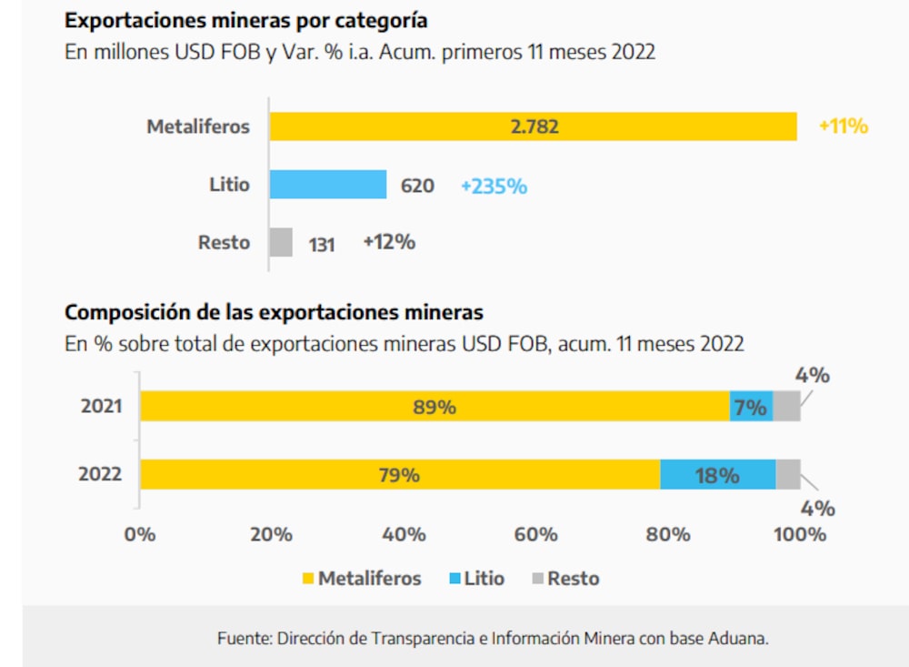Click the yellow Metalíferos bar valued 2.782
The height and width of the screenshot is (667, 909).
[x=534, y=126]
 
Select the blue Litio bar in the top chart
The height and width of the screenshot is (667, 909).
[x=328, y=185]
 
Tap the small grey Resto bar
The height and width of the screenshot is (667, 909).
[x=281, y=243]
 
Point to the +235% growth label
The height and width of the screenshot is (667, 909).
[x=494, y=186]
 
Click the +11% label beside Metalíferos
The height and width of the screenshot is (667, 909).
[x=843, y=126]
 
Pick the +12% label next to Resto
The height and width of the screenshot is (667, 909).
[x=388, y=242]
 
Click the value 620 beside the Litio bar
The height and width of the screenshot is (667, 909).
[x=417, y=187]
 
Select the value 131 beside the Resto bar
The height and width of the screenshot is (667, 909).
[x=321, y=245]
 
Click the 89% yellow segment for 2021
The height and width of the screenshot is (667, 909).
[x=435, y=407]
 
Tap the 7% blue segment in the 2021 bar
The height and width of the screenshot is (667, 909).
[x=751, y=407]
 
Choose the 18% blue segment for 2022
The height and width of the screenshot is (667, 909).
[x=717, y=475]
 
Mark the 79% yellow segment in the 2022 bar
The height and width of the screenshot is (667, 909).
[x=400, y=475]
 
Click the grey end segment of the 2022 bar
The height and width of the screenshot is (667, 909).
[x=788, y=475]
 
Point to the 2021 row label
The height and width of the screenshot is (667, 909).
[x=101, y=407]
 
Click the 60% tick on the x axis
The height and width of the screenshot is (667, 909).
[x=535, y=534]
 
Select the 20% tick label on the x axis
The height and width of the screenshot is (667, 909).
[x=271, y=534]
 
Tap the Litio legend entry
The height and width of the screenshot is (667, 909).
[x=476, y=579]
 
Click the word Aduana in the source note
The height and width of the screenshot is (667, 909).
[x=743, y=639]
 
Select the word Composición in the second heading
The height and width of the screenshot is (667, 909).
[x=121, y=312]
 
